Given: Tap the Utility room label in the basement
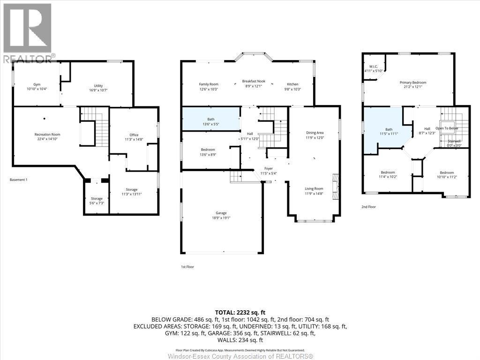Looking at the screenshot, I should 98,86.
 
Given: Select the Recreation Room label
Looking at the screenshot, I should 47,135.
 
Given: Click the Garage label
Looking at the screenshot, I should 221,213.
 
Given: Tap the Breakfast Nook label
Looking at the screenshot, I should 254,81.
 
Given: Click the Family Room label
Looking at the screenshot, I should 209,84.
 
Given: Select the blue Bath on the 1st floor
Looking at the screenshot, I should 211,119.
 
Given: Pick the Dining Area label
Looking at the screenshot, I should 314,133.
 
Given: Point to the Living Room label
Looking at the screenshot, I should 314,188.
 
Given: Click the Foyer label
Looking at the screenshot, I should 268,169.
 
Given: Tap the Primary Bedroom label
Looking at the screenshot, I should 412,82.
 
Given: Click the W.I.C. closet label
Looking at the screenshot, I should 374,67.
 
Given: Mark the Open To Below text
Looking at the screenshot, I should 447,128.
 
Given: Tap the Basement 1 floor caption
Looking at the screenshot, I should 18,180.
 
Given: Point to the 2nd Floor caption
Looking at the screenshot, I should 368,206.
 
